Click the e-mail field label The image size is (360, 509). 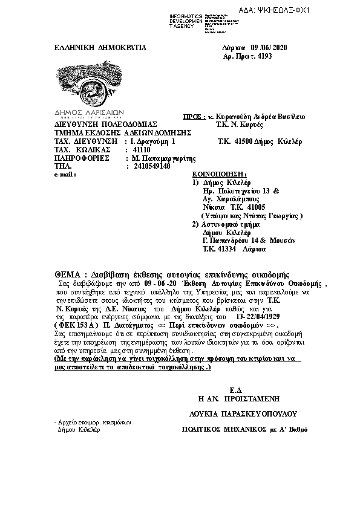(64, 174)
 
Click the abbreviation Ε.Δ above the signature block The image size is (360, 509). (240, 389)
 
